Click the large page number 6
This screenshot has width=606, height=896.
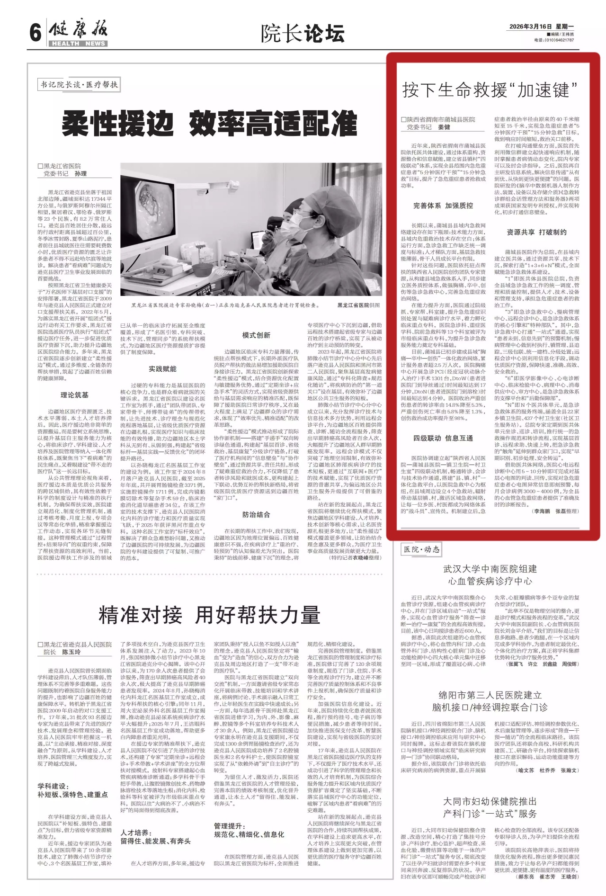(x=35, y=33)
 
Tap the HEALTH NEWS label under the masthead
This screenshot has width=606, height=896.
(x=78, y=44)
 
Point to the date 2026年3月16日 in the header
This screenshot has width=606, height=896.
(x=528, y=27)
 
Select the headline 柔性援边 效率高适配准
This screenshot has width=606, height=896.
(x=210, y=125)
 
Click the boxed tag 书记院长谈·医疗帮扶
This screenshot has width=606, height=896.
(x=79, y=85)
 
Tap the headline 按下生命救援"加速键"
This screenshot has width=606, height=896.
(x=490, y=89)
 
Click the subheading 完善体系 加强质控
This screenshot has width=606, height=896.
(x=443, y=206)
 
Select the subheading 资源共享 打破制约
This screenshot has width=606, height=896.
(x=536, y=232)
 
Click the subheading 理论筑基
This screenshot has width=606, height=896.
(x=74, y=395)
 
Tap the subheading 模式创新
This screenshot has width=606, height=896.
(x=256, y=335)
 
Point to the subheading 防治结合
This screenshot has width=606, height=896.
(x=256, y=515)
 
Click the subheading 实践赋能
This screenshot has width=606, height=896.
(x=162, y=369)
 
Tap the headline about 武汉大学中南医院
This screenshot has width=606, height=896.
(x=490, y=575)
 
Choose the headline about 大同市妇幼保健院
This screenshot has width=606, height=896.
(x=490, y=807)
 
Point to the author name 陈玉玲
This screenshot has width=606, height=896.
(x=71, y=652)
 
